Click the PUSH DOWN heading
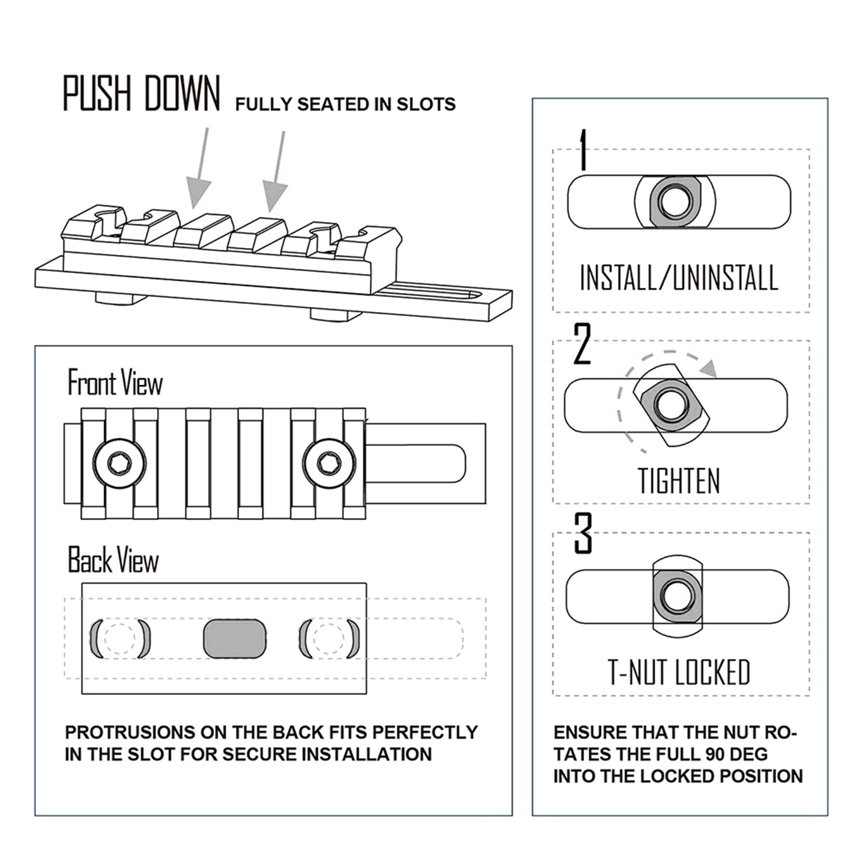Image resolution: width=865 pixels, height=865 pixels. [141, 93]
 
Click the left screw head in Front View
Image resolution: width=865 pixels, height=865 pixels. [119, 462]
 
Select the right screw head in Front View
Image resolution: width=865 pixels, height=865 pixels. [328, 462]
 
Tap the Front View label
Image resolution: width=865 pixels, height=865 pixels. [115, 383]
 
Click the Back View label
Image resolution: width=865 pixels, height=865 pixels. [114, 561]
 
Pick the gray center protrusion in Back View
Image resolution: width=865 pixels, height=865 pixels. [235, 638]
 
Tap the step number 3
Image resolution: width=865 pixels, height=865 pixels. [583, 534]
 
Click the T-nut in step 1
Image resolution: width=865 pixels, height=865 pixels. [672, 202]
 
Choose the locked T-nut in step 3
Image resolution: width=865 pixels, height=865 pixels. [677, 596]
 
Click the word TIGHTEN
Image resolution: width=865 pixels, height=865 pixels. [679, 481]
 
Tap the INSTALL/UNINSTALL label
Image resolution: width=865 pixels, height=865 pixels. [679, 278]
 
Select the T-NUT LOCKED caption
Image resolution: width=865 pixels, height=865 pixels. [679, 672]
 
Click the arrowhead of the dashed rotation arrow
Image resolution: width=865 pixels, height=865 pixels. [710, 368]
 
